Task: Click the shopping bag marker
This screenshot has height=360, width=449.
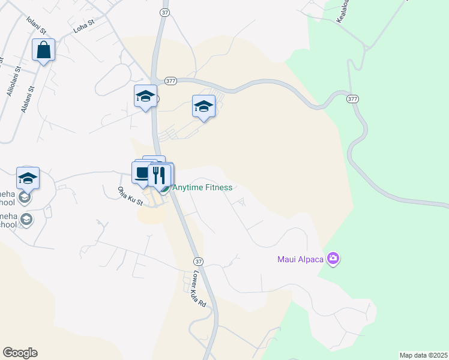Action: click(x=44, y=50)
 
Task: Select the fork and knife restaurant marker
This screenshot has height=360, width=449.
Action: click(x=159, y=175)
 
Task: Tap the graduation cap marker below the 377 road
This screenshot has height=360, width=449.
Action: click(x=203, y=107)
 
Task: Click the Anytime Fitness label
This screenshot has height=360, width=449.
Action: click(x=202, y=187)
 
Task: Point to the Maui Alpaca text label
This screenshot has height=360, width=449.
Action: click(x=300, y=259)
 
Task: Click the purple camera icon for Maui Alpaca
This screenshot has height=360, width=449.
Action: click(x=333, y=259)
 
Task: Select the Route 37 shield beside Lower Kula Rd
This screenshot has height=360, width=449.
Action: click(x=198, y=262)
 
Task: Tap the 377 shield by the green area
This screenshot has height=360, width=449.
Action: click(x=352, y=98)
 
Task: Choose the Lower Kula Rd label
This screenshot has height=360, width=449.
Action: click(x=199, y=290)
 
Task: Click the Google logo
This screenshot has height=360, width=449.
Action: click(x=20, y=353)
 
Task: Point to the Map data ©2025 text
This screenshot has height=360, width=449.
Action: click(x=423, y=355)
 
